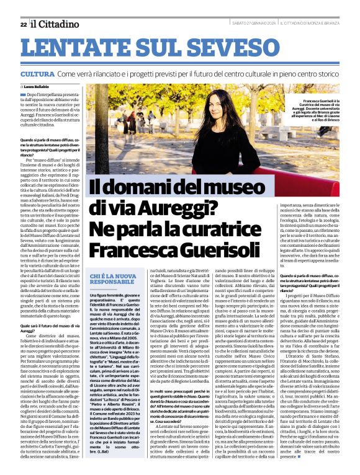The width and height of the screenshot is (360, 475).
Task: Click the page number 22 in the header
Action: [x=23, y=24]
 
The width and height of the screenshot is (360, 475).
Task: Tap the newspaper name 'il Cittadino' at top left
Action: [x=53, y=24]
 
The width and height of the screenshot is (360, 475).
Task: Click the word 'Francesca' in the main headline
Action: [x=128, y=249]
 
